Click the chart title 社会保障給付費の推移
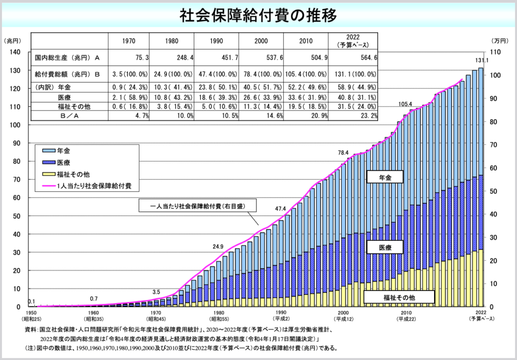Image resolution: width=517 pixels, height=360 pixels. tap(258, 15)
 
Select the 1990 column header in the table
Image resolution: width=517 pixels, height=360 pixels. tap(217, 41)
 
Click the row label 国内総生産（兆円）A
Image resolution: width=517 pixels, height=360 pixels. tap(68, 58)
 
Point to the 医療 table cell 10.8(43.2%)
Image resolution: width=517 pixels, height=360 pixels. tap(176, 97)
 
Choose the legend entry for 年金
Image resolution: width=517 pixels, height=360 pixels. tap(64, 150)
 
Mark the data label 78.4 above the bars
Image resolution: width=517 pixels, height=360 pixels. tap(343, 152)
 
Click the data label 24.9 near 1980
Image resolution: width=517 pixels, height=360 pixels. tap(218, 246)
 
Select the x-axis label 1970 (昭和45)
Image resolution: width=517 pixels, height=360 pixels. tap(157, 316)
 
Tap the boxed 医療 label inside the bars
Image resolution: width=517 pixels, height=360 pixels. tap(392, 247)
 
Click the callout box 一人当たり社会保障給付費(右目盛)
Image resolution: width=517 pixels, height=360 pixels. tap(197, 206)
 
